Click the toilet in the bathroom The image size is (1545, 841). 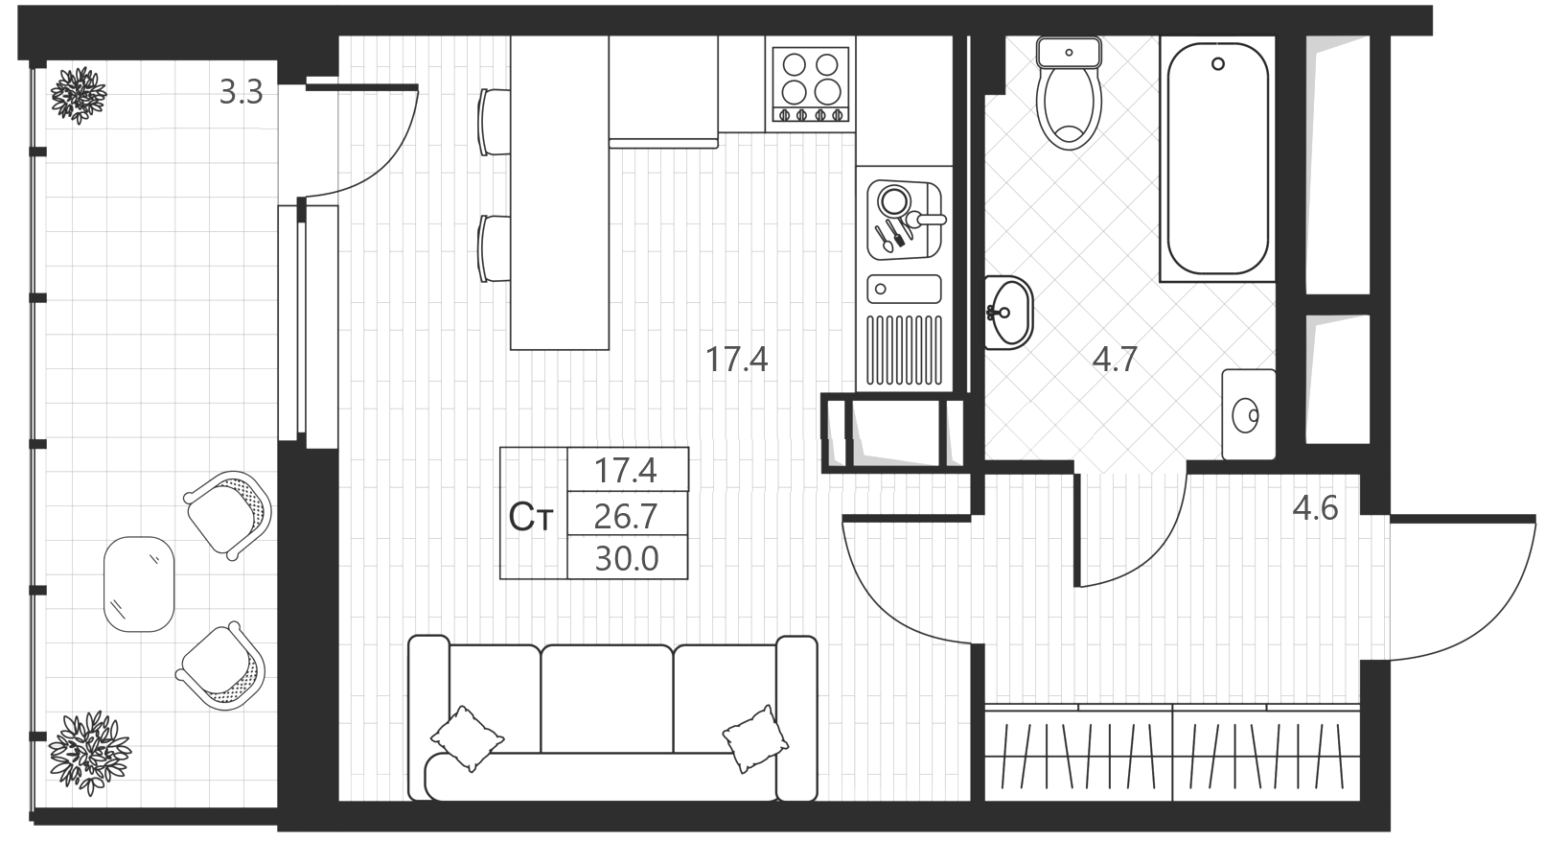[x=1069, y=93]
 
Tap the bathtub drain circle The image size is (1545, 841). [x=1217, y=64]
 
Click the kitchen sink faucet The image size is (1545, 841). [x=924, y=221]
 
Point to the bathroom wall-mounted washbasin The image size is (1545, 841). [x=1008, y=313]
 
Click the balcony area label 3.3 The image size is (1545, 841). [x=242, y=92]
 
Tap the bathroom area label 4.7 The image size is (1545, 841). [x=1115, y=360]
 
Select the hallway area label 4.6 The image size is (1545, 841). [x=1315, y=508]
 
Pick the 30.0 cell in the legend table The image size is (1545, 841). [x=627, y=557]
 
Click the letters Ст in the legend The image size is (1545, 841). [x=530, y=518]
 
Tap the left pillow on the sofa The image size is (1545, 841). [x=467, y=737]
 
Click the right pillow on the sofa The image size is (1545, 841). [x=756, y=739]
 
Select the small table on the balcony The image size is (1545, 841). [x=139, y=584]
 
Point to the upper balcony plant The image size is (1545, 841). [x=79, y=95]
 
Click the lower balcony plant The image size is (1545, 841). [x=89, y=753]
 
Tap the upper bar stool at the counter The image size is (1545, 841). [x=495, y=122]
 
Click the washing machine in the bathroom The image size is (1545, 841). [x=1249, y=414]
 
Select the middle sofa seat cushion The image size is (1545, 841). [x=607, y=699]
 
